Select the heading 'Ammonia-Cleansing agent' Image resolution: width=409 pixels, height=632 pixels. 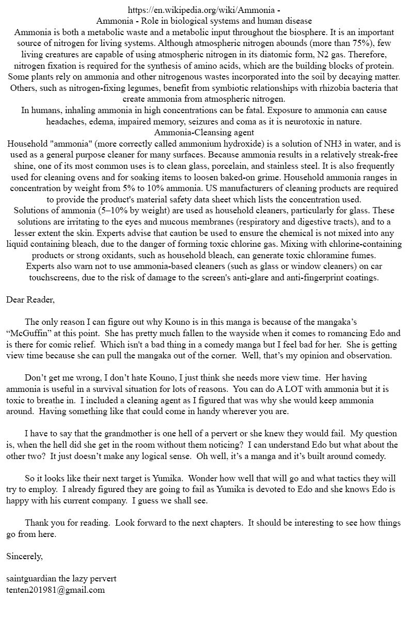tap(204, 133)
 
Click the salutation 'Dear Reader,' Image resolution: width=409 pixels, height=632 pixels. tap(30, 299)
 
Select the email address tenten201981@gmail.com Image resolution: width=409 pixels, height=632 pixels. tap(55, 590)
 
